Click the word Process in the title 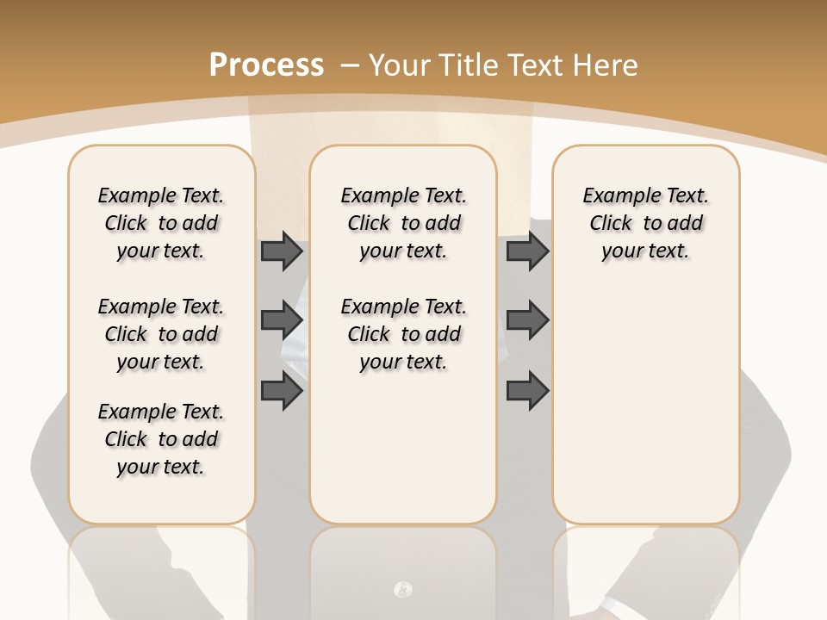(266, 65)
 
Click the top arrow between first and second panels (282, 251)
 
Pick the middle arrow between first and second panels (282, 321)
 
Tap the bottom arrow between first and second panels (282, 391)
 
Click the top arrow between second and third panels (527, 251)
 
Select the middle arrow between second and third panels (527, 321)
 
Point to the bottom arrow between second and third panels (527, 391)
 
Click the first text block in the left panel (161, 223)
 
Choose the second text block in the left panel (161, 334)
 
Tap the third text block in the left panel (161, 439)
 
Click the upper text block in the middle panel (403, 223)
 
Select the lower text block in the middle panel (403, 334)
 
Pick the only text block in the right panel (646, 223)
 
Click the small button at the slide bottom (402, 590)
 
